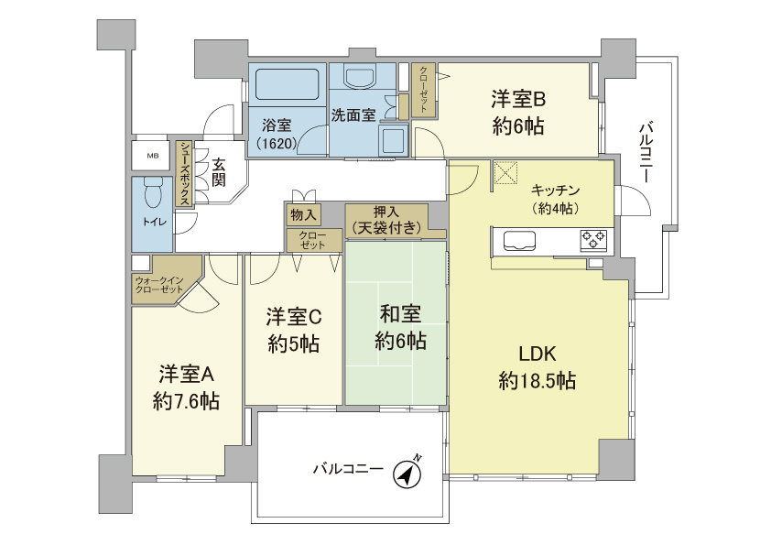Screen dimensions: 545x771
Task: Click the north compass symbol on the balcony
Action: point(407,474)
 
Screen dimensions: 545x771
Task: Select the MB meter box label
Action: point(152,156)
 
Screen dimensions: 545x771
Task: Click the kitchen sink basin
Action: point(519,242)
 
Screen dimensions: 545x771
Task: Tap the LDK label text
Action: point(537,354)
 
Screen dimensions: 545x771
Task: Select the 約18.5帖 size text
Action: point(538,381)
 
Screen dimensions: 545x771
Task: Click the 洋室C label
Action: point(293,317)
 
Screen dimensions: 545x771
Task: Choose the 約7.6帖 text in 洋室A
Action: point(186,400)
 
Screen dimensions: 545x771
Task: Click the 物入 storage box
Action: point(303,214)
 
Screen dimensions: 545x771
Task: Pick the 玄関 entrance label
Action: point(219,172)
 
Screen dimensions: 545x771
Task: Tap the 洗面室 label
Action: point(353,115)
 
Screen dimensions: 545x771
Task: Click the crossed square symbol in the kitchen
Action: point(505,172)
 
